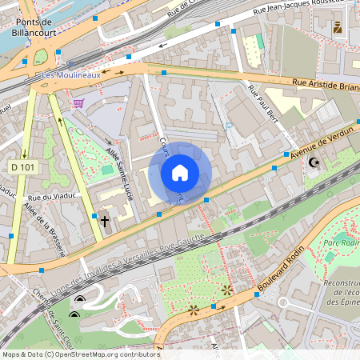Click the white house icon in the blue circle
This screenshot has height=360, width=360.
click(180, 172)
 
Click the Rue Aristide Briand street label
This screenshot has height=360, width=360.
click(323, 84)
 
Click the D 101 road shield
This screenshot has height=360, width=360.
click(25, 166)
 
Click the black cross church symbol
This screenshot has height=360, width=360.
click(104, 220)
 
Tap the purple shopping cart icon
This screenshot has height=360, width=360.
click(78, 102)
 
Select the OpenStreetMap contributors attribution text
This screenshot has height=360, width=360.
click(80, 354)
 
